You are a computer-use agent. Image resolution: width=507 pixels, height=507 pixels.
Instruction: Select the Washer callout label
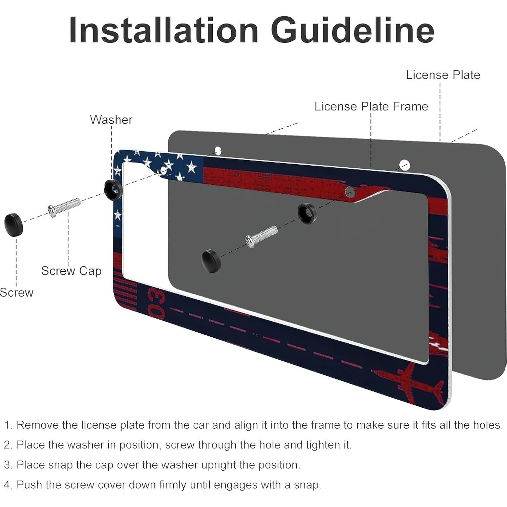[x=111, y=120]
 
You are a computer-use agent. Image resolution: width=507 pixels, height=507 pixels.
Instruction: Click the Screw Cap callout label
[x=71, y=271]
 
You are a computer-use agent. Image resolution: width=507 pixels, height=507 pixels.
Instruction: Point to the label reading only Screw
[x=17, y=292]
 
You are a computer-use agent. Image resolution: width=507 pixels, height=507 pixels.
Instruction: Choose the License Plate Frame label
[x=371, y=106]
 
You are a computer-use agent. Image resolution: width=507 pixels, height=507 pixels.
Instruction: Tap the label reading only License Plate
[x=443, y=75]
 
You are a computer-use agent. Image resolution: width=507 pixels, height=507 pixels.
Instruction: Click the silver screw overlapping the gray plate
[x=261, y=237]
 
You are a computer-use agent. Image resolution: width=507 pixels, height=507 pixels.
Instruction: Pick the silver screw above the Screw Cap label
[x=64, y=207]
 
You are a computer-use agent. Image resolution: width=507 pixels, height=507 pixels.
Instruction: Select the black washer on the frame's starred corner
[x=113, y=190]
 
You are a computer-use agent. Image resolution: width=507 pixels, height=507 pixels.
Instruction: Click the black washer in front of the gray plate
[x=307, y=214]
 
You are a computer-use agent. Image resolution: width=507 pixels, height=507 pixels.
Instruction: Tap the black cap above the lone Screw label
[x=14, y=224]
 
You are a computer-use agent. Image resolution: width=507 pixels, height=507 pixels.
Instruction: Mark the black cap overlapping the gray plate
[x=211, y=260]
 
